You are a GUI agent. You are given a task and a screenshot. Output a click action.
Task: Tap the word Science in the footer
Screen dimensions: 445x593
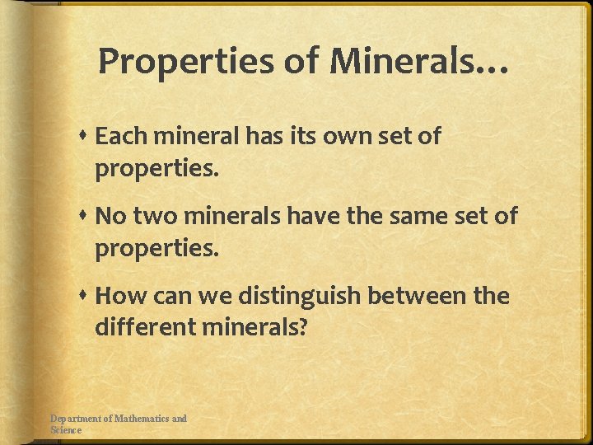click(66, 429)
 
